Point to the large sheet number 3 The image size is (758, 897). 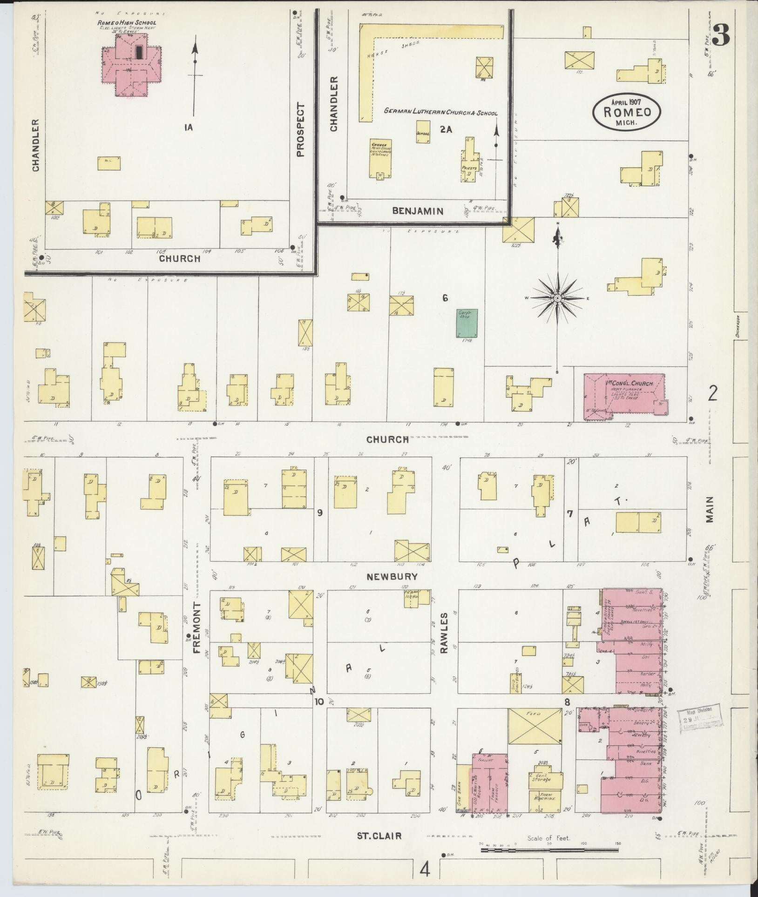coord(721,35)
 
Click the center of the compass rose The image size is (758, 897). coord(557,298)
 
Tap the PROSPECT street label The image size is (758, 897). coord(300,130)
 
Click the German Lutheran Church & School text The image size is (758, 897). coord(440,113)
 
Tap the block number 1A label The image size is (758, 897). coord(188,127)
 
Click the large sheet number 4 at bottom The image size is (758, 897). coord(425,869)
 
